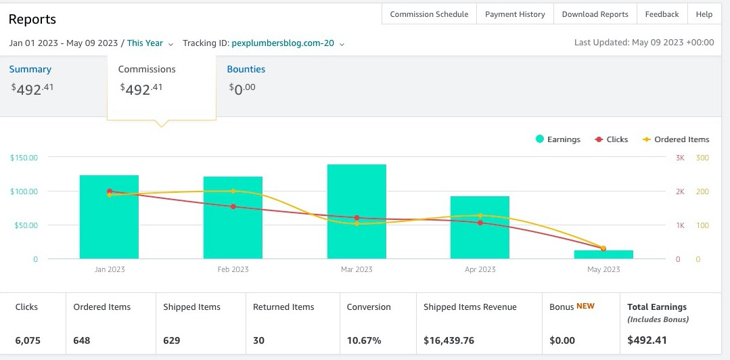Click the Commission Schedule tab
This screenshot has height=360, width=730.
click(x=429, y=14)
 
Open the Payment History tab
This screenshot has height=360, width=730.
click(x=515, y=14)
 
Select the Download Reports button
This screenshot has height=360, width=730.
click(x=595, y=14)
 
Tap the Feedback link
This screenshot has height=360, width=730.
click(x=662, y=14)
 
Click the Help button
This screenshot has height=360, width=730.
click(x=704, y=14)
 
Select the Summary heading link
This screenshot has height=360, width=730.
click(x=30, y=70)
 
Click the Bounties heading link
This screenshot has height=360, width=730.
click(x=246, y=70)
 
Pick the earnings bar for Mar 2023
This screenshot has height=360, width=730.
click(x=357, y=211)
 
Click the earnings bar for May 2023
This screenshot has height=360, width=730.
click(x=603, y=254)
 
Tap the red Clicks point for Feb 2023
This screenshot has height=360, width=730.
click(x=233, y=206)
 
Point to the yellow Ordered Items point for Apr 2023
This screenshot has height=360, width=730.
click(x=480, y=216)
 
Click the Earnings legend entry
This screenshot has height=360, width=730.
click(x=558, y=139)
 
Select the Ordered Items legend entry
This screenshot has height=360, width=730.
click(x=676, y=139)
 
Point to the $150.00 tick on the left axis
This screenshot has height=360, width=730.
click(x=23, y=158)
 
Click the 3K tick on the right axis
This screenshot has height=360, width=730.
click(x=680, y=158)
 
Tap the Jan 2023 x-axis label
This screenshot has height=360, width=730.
click(x=109, y=269)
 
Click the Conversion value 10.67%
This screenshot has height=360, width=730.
click(x=364, y=340)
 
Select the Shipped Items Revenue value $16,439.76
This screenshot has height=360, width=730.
click(x=449, y=340)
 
